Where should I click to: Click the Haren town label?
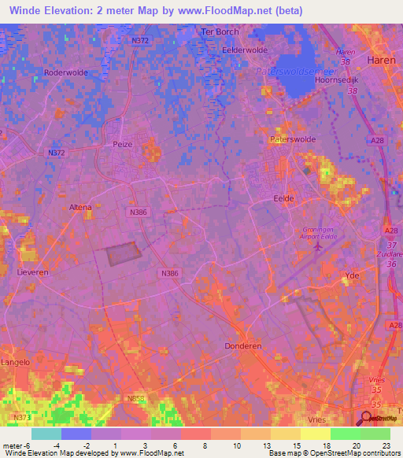point(368,60)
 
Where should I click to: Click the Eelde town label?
point(283,198)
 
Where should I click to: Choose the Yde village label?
point(352,275)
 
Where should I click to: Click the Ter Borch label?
point(220,32)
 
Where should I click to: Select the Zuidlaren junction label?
point(388,255)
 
